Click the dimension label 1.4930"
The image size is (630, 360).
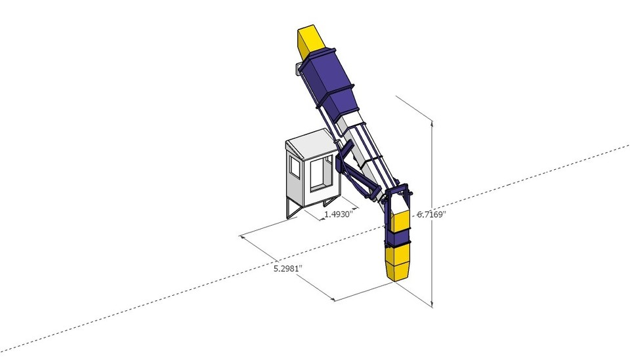point(339,214)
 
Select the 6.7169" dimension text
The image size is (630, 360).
point(432,214)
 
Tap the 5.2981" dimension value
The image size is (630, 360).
point(287,268)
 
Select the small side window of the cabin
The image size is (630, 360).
point(295,166)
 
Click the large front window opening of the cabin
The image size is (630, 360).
point(322,172)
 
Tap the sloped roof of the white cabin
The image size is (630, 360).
point(311,144)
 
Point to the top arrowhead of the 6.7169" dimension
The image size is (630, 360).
point(432,124)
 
